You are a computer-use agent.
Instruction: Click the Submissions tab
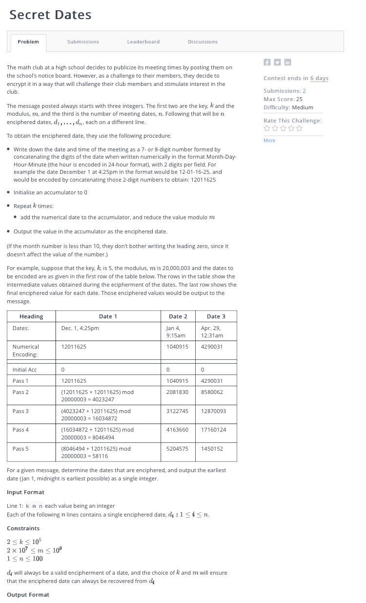pyautogui.click(x=83, y=42)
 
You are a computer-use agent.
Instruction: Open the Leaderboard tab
pyautogui.click(x=143, y=42)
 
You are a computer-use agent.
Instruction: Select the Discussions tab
pyautogui.click(x=203, y=42)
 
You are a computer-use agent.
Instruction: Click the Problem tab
pyautogui.click(x=28, y=42)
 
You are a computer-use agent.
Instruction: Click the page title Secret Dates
pyautogui.click(x=50, y=15)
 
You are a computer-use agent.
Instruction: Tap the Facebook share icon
pyautogui.click(x=267, y=62)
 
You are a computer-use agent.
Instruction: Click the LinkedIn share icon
pyautogui.click(x=287, y=62)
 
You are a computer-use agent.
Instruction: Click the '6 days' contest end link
pyautogui.click(x=319, y=78)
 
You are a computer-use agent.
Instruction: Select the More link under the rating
pyautogui.click(x=269, y=141)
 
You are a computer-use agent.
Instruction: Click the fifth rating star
pyautogui.click(x=300, y=128)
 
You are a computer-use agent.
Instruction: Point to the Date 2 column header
pyautogui.click(x=178, y=316)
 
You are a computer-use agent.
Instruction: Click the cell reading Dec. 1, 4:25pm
pyautogui.click(x=80, y=328)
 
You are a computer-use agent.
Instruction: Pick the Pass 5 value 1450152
pyautogui.click(x=212, y=449)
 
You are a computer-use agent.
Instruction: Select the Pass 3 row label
pyautogui.click(x=20, y=411)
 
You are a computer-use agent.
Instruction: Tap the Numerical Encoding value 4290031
pyautogui.click(x=212, y=347)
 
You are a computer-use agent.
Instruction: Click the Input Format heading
pyautogui.click(x=25, y=492)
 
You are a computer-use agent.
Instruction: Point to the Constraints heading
pyautogui.click(x=23, y=528)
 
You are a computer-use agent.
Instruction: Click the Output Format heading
pyautogui.click(x=28, y=595)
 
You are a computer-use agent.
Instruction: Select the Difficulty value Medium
pyautogui.click(x=303, y=107)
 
